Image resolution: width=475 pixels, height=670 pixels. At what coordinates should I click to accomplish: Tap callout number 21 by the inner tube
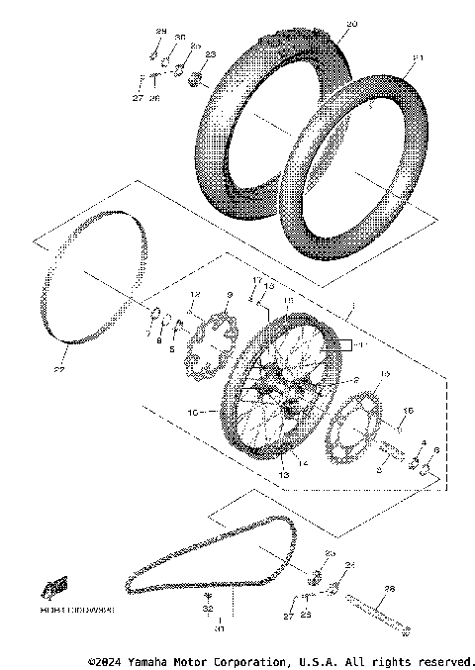(x=417, y=59)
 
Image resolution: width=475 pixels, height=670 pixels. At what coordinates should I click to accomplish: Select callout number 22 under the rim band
(x=59, y=370)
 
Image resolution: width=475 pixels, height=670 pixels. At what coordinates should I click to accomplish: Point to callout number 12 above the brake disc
(x=195, y=295)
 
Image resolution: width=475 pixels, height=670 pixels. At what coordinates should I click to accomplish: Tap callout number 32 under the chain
(x=208, y=612)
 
